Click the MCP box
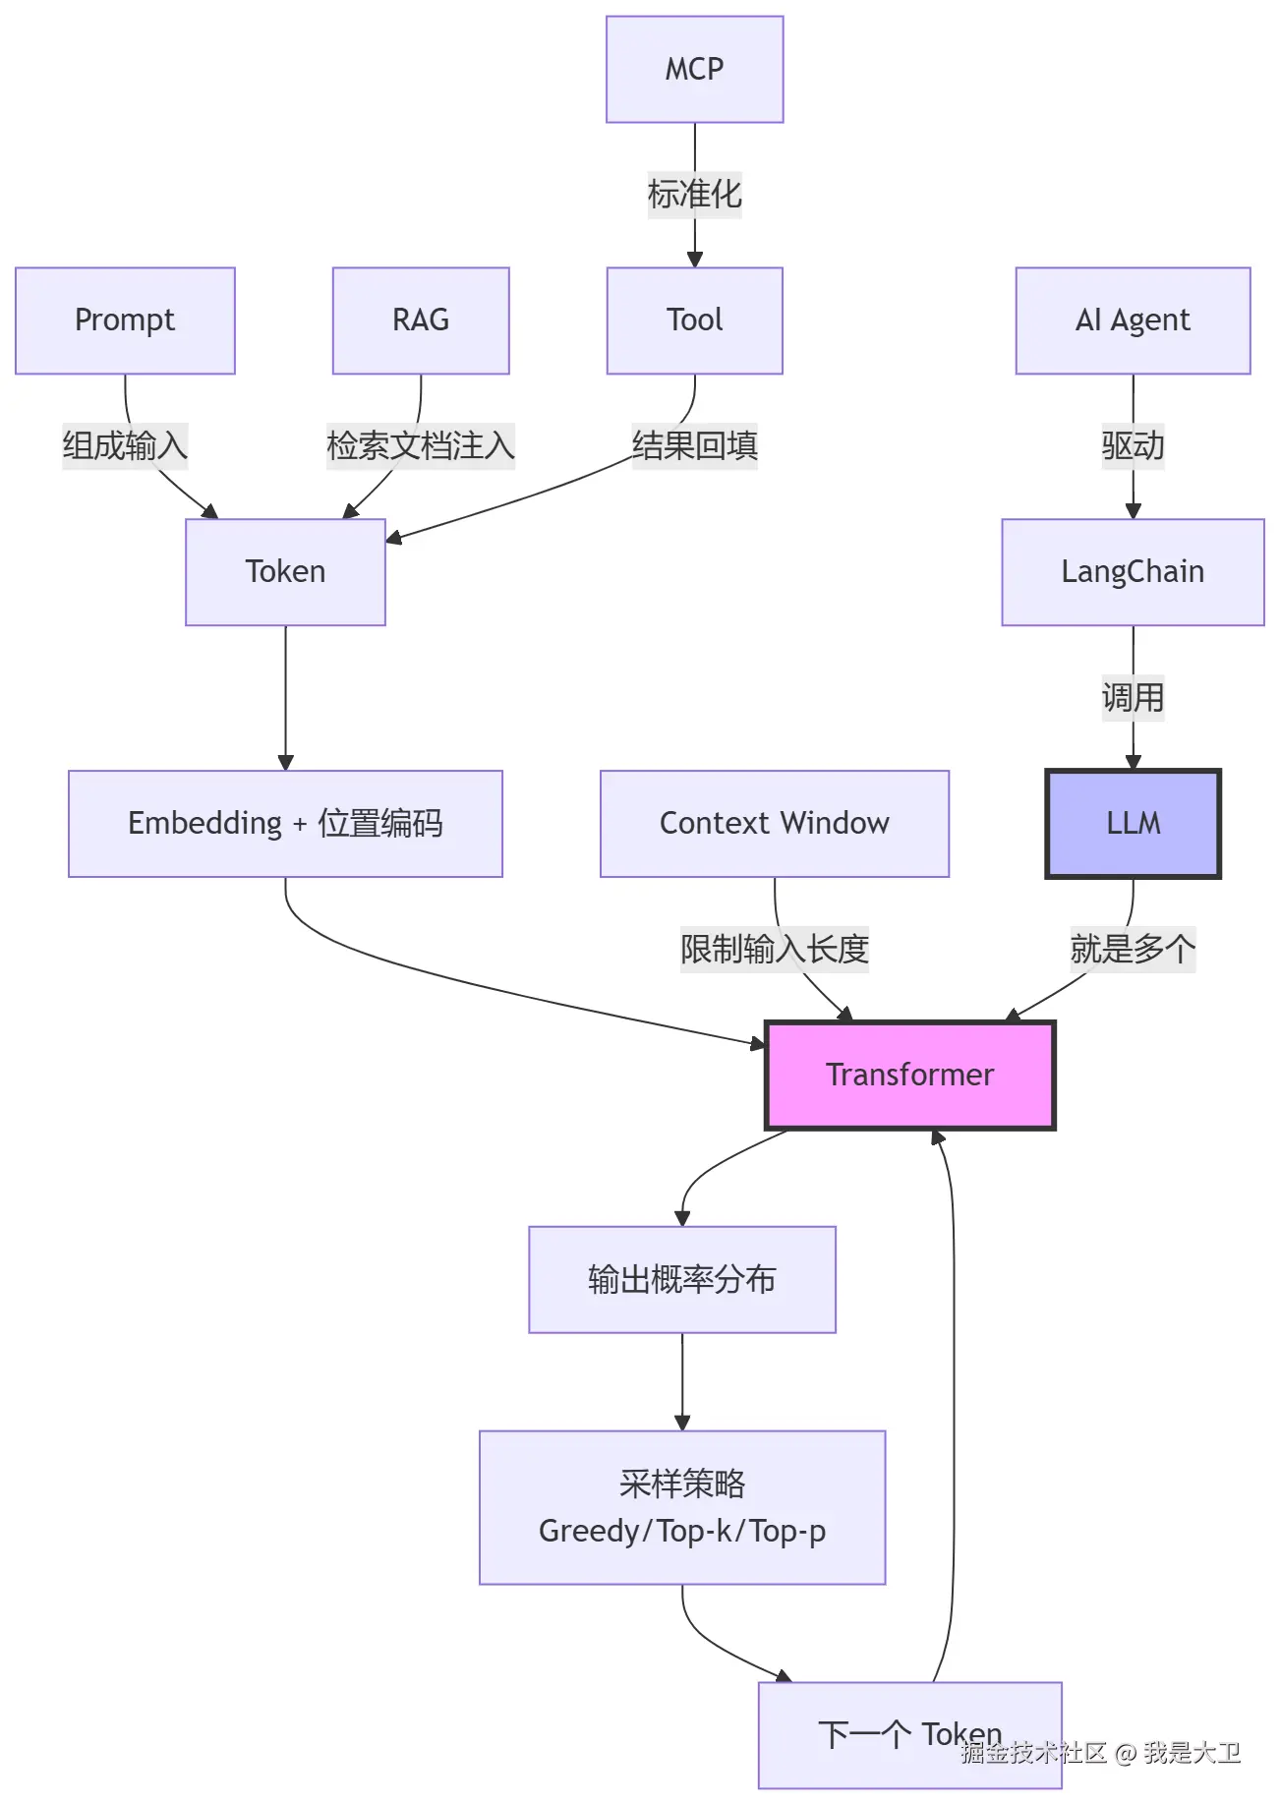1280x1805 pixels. coord(694,69)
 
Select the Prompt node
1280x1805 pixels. coord(125,320)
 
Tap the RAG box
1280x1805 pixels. coord(421,320)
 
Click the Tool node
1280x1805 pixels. coord(694,320)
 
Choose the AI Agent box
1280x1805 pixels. coord(1133,320)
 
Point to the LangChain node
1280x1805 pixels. coord(1133,572)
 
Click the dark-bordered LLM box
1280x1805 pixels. coord(1133,824)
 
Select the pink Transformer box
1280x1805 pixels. coord(909,1075)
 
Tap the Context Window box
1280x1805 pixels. coord(775,824)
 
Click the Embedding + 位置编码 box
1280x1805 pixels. coord(285,824)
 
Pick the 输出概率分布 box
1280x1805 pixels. coord(682,1280)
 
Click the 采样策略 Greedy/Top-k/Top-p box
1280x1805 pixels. coord(682,1507)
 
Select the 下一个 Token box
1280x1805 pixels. coord(909,1735)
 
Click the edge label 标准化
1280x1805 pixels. coord(694,195)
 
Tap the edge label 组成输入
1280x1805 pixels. coord(125,446)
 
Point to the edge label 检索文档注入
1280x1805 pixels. coord(421,446)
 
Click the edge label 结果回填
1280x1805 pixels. coord(694,446)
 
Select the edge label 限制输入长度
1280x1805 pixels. coord(775,950)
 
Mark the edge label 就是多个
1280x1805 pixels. coord(1133,950)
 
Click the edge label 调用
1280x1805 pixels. coord(1133,698)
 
